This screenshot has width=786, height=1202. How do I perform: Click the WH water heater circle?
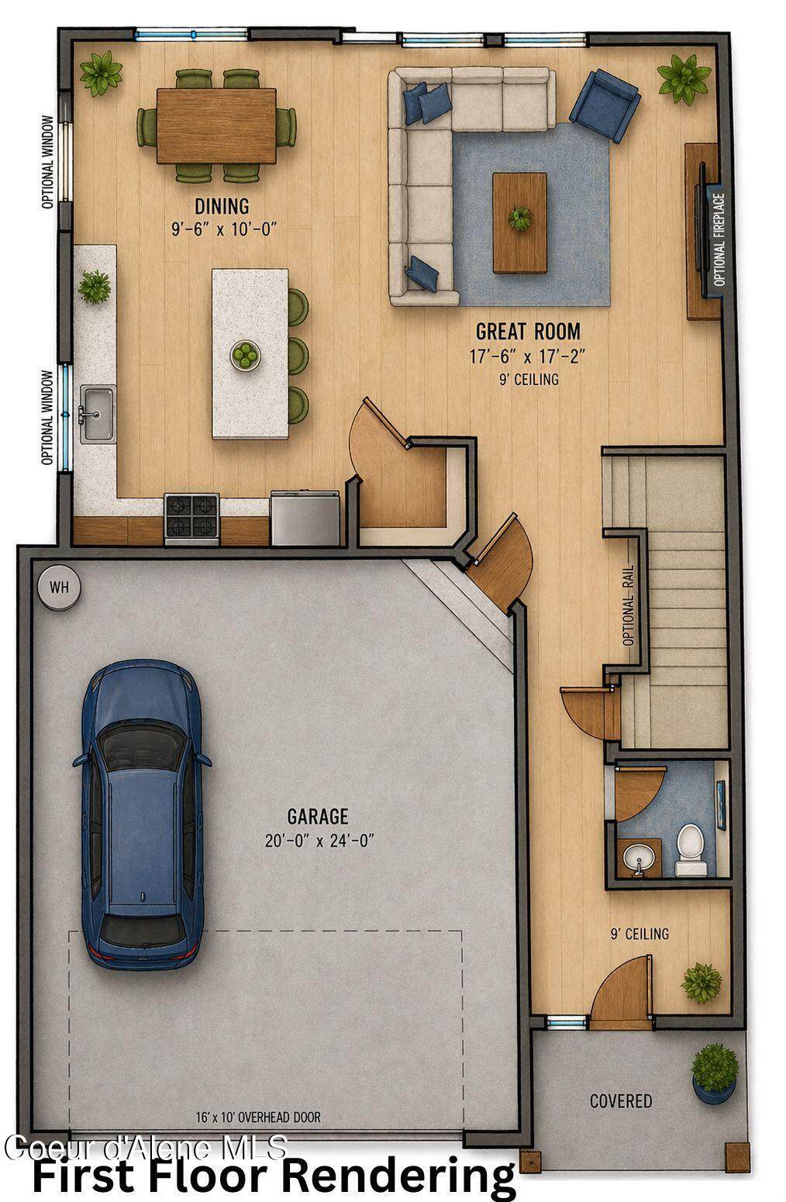pyautogui.click(x=59, y=587)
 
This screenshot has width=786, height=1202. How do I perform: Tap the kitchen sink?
pyautogui.click(x=98, y=415)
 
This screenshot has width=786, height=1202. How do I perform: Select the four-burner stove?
pyautogui.click(x=191, y=518)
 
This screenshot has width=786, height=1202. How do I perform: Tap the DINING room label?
pyautogui.click(x=222, y=206)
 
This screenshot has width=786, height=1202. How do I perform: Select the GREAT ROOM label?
pyautogui.click(x=528, y=331)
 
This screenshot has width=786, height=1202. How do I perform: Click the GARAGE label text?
pyautogui.click(x=318, y=816)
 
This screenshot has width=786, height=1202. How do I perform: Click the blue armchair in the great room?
pyautogui.click(x=605, y=105)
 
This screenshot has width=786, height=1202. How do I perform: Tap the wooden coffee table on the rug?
pyautogui.click(x=519, y=222)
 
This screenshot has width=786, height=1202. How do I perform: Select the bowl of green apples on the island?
pyautogui.click(x=246, y=355)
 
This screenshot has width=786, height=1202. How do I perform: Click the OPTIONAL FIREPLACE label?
pyautogui.click(x=719, y=239)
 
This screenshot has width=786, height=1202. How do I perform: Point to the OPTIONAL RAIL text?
pyautogui.click(x=628, y=604)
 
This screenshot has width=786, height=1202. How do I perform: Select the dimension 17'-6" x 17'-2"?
pyautogui.click(x=526, y=356)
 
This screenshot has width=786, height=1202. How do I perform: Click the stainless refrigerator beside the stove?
pyautogui.click(x=305, y=518)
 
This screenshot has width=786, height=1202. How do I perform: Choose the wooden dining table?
pyautogui.click(x=216, y=126)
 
